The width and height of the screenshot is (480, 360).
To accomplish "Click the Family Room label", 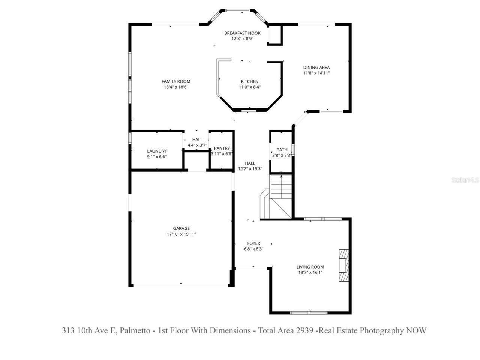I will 176,81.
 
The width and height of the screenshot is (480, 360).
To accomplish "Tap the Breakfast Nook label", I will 242,33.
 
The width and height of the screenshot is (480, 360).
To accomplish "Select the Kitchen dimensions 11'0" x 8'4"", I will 249,87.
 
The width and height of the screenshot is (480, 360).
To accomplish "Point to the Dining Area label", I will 316,67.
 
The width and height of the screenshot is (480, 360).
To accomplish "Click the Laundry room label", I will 157,151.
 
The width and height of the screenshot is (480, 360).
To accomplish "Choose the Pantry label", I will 222,148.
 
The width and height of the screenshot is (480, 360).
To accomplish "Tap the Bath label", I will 282,150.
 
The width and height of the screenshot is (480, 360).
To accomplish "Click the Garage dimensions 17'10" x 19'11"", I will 181,234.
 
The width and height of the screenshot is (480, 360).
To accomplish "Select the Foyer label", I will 253,243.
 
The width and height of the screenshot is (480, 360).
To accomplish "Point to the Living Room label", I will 310,267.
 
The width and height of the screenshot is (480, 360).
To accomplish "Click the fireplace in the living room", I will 344,265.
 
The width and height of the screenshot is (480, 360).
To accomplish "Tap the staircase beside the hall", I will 281,197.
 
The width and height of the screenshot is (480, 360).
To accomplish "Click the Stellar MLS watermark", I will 465,180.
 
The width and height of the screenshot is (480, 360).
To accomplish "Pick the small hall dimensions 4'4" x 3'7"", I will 197,145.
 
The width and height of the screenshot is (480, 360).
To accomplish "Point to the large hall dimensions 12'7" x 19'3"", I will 250,169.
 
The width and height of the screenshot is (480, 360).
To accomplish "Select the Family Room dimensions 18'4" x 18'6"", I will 176,87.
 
